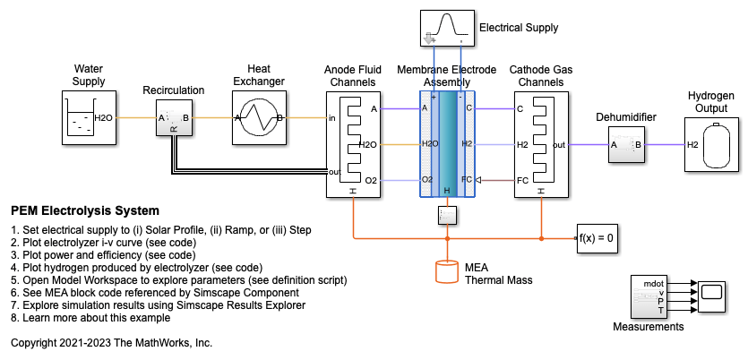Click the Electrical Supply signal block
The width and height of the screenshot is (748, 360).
click(446, 27)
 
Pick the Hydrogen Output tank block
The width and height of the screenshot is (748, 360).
click(709, 144)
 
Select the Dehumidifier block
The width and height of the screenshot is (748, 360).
click(627, 143)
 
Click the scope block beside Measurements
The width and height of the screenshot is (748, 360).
click(712, 294)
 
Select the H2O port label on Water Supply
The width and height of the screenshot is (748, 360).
click(104, 117)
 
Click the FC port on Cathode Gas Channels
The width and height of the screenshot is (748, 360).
click(522, 180)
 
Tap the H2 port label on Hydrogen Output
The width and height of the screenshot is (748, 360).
click(692, 144)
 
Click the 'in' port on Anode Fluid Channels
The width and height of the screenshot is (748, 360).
click(332, 117)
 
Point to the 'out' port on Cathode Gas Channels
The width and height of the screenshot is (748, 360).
click(558, 144)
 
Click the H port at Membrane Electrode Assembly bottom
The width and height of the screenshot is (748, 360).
click(446, 190)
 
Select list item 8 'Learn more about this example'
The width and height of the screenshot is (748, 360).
click(96, 317)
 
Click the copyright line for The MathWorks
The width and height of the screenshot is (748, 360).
click(111, 343)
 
